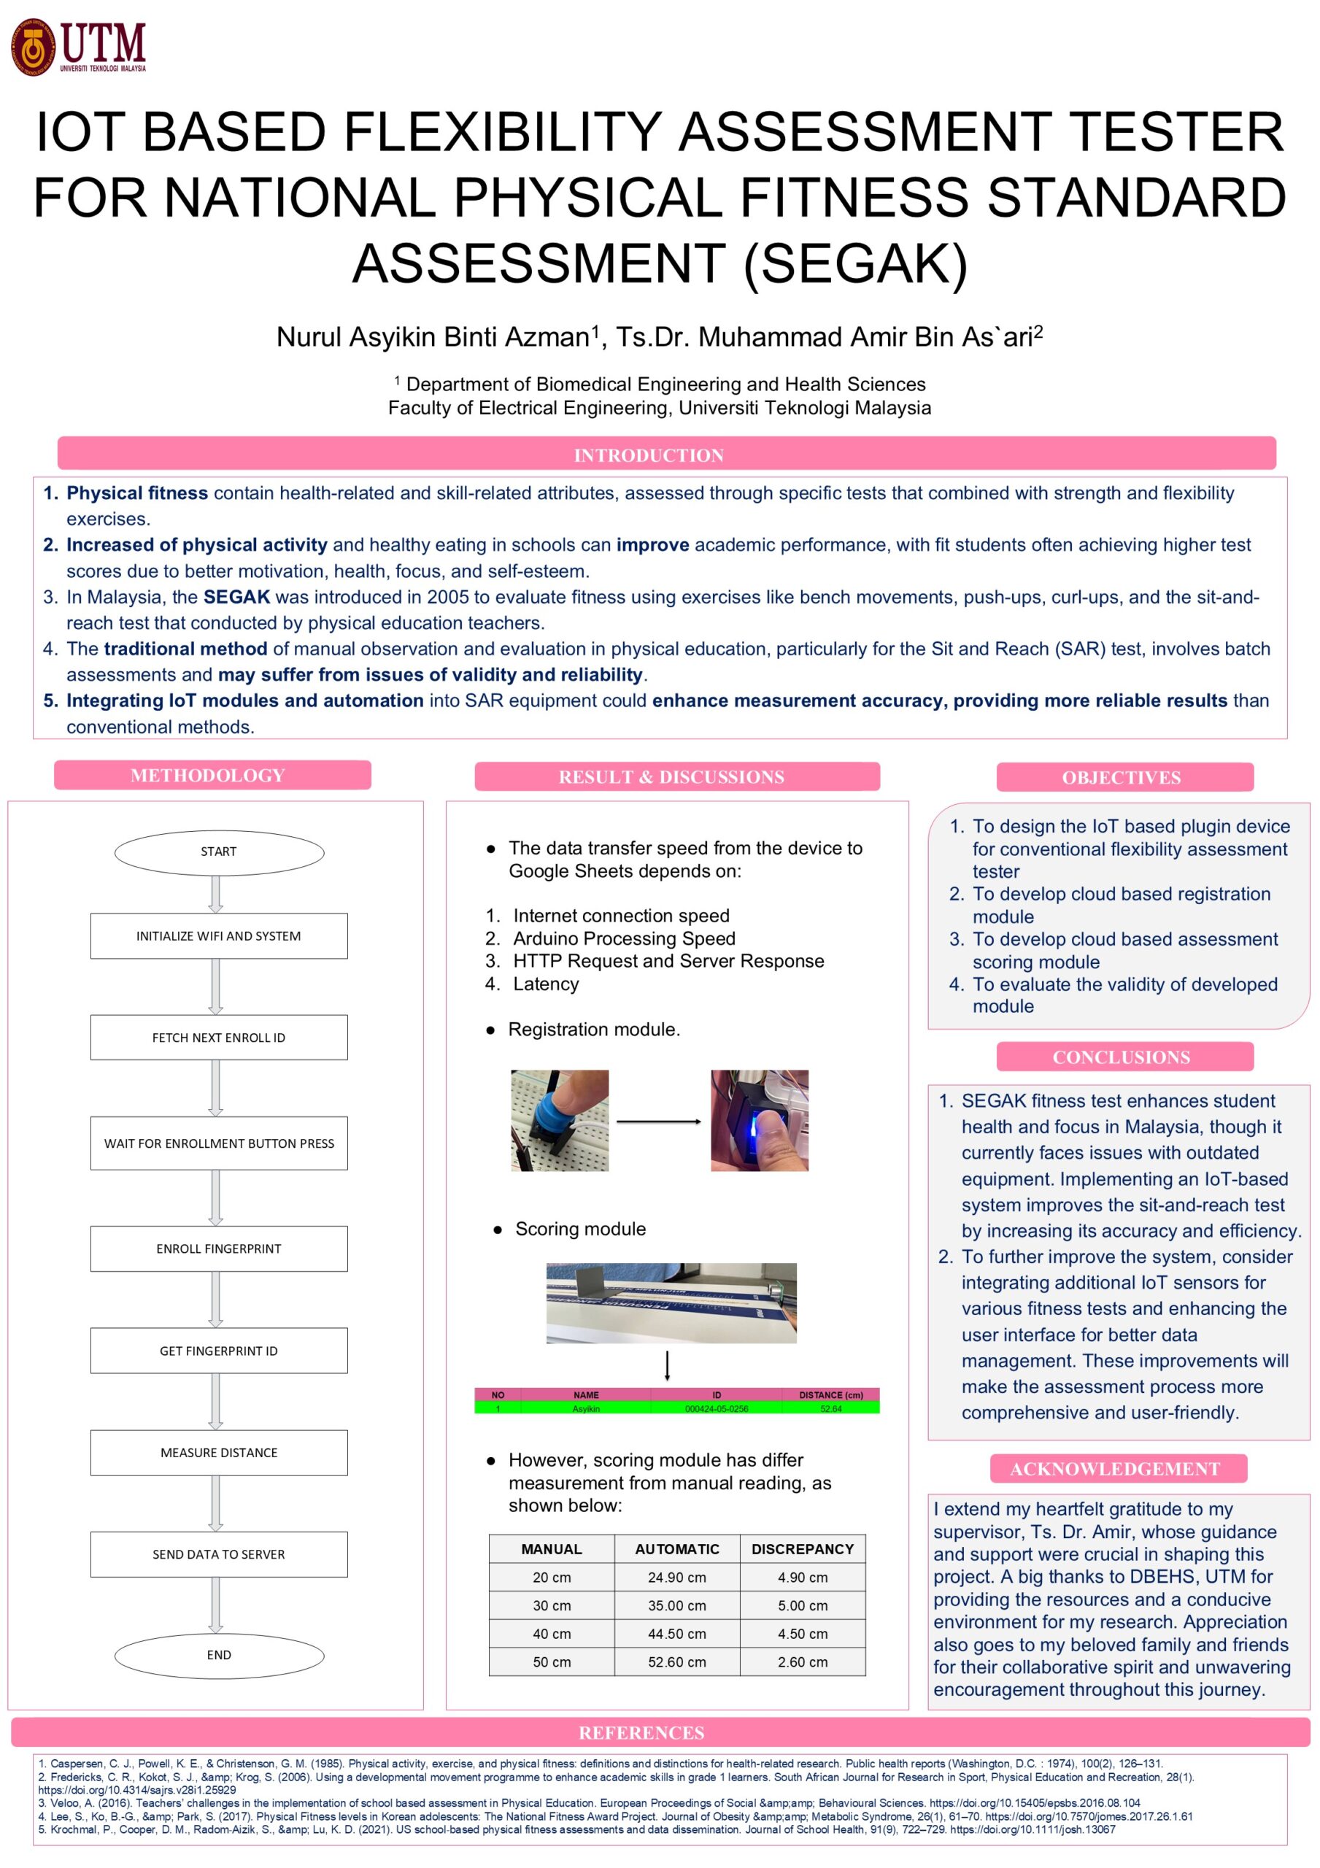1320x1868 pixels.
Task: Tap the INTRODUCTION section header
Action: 649,455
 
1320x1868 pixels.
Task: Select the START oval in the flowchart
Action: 219,851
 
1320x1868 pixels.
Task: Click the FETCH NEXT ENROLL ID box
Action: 219,1038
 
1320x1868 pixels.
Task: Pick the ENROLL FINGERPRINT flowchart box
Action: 219,1248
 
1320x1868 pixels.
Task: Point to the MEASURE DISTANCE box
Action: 219,1452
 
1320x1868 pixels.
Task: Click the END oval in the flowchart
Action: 219,1655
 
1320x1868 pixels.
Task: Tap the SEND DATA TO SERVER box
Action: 219,1554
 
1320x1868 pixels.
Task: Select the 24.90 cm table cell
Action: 676,1578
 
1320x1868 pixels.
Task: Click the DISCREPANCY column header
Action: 803,1549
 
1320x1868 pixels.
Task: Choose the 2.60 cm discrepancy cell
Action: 803,1662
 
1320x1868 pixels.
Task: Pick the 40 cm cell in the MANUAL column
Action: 552,1634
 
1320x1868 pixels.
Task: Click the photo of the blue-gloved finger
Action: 559,1120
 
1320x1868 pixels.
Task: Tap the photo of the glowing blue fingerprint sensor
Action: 760,1120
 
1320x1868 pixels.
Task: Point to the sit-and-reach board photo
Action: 671,1302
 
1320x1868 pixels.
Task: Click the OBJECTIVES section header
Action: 1121,777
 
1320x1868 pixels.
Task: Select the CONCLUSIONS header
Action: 1121,1057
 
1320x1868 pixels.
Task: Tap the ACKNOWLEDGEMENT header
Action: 1115,1469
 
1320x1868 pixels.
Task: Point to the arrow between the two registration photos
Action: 659,1122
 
